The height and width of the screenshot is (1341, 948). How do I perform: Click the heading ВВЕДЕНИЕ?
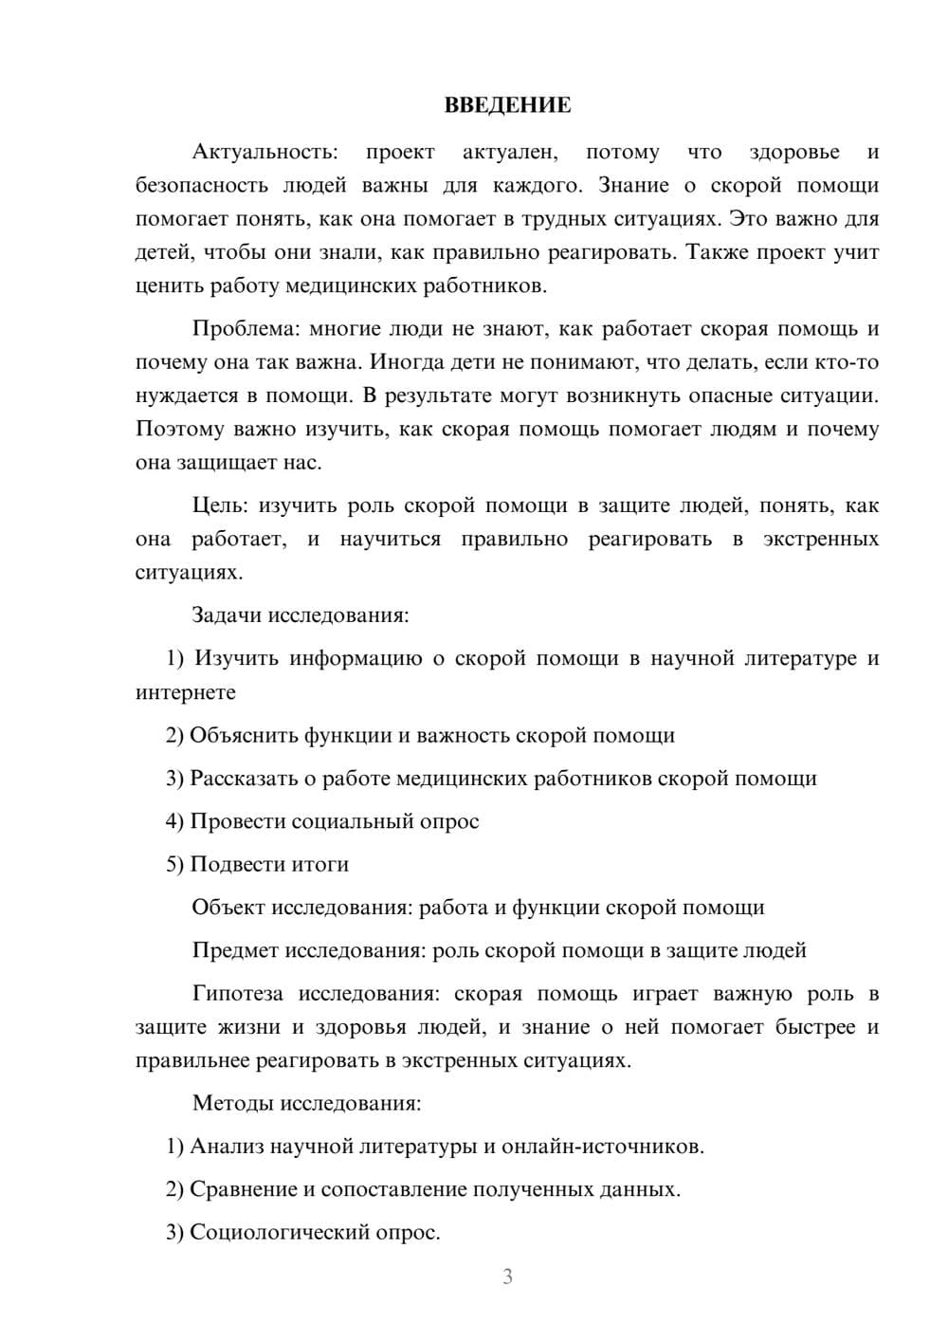point(507,105)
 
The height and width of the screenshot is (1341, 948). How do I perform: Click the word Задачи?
point(227,615)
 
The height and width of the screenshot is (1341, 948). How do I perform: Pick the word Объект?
point(228,908)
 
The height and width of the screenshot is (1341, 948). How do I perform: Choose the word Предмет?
point(235,950)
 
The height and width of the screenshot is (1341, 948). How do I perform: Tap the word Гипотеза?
point(237,994)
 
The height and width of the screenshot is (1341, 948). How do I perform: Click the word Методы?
point(231,1103)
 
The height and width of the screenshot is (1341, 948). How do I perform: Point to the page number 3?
point(507,1277)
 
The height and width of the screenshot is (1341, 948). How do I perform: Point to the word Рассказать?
point(243,779)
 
